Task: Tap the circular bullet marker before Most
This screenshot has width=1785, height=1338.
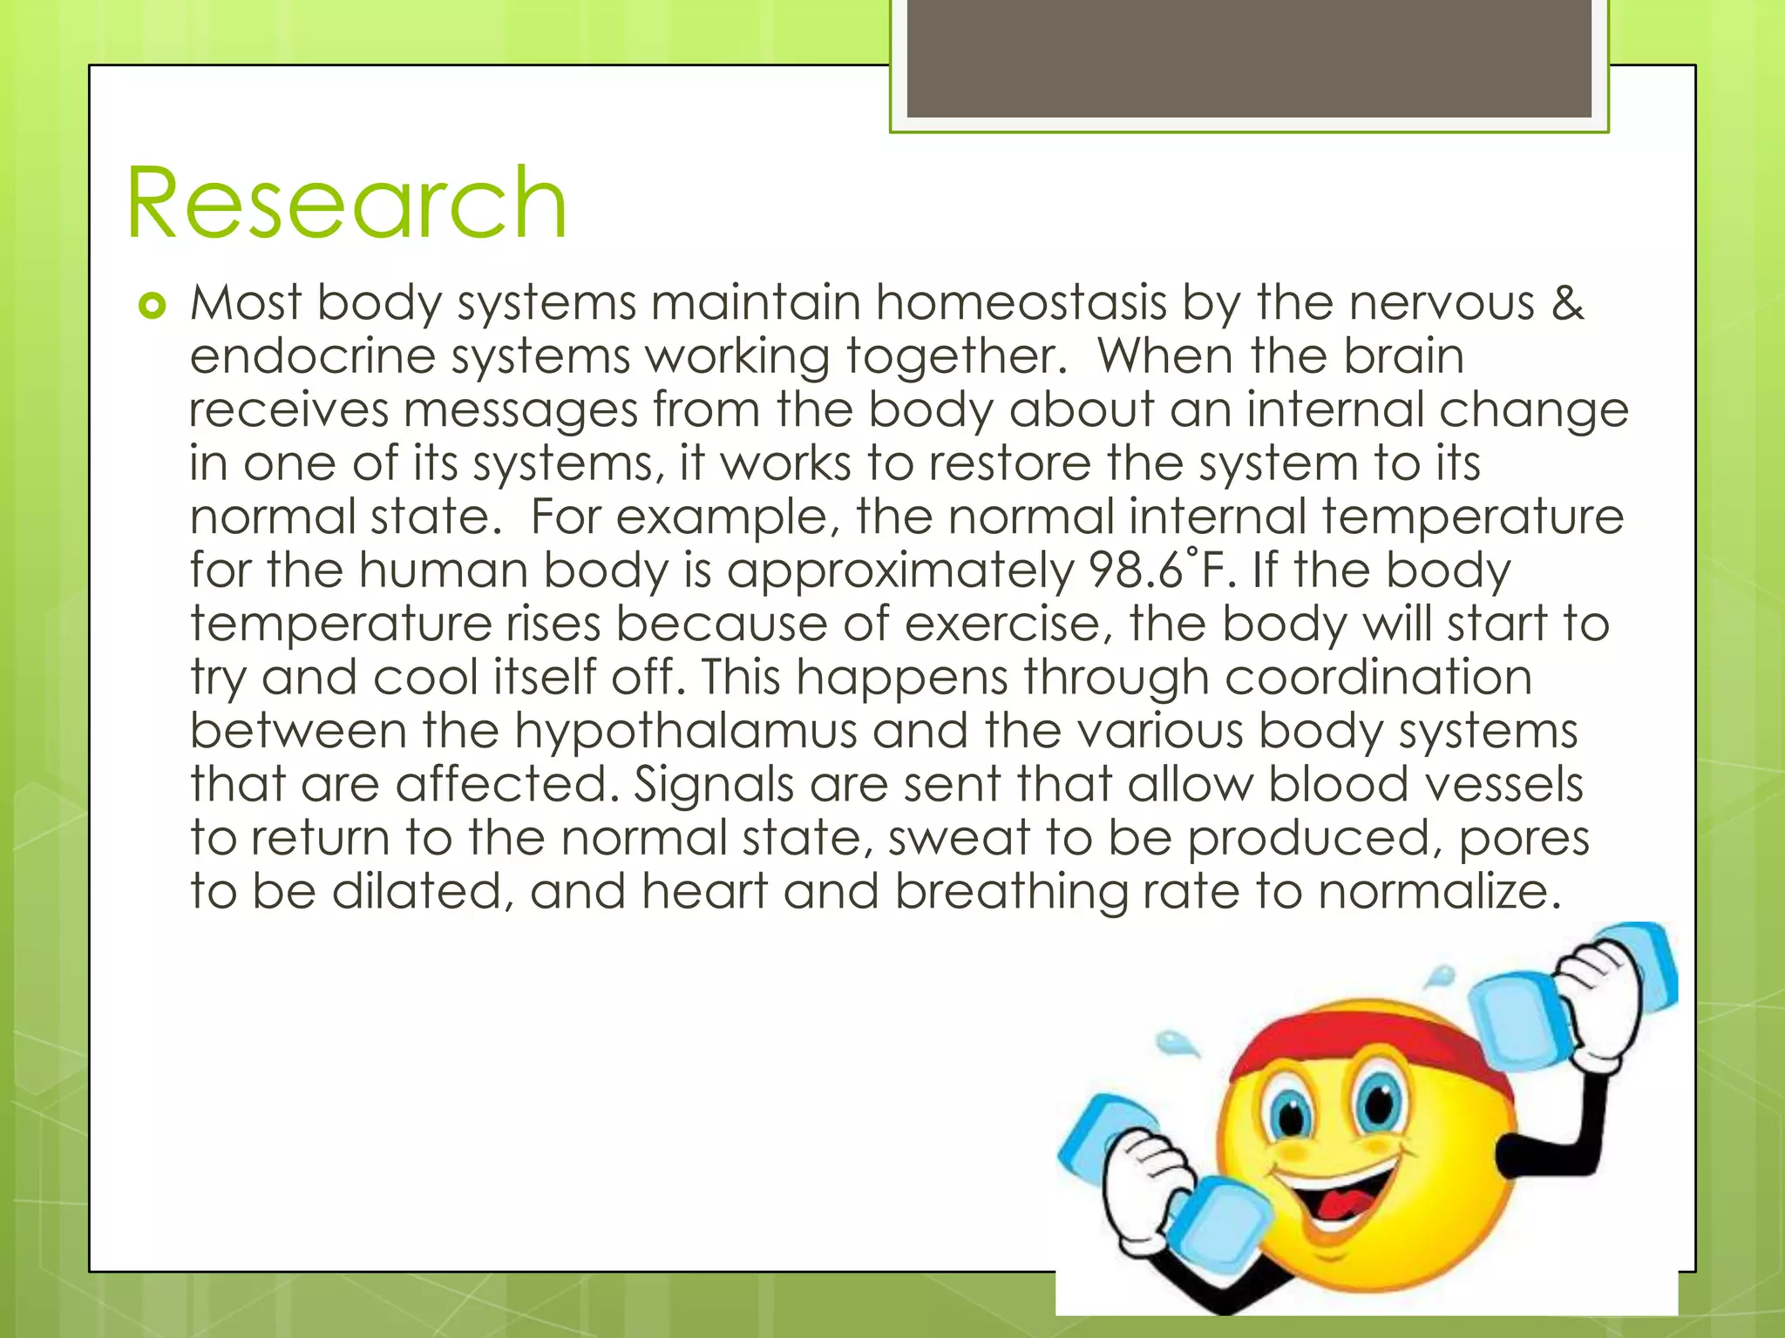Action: click(152, 307)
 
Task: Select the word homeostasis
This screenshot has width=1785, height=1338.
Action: click(1021, 303)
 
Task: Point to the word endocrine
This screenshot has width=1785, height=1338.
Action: click(312, 357)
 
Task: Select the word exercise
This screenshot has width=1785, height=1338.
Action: click(1010, 625)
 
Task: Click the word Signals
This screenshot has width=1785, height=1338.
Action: click(714, 785)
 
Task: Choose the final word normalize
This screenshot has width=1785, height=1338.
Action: click(1438, 892)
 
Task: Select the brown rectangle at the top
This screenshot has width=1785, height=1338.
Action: click(1248, 59)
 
